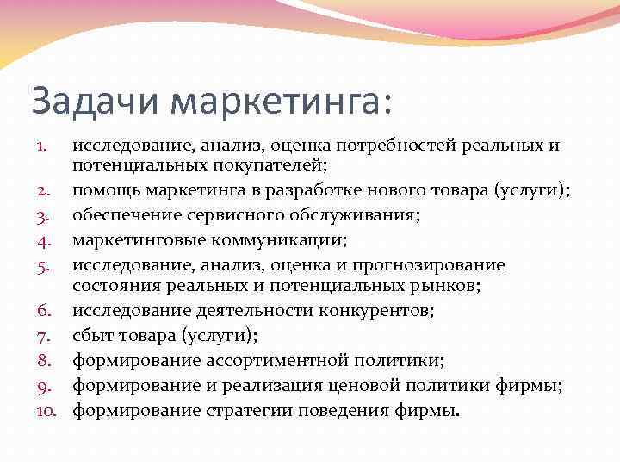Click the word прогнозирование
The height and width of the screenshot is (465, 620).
point(431,266)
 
